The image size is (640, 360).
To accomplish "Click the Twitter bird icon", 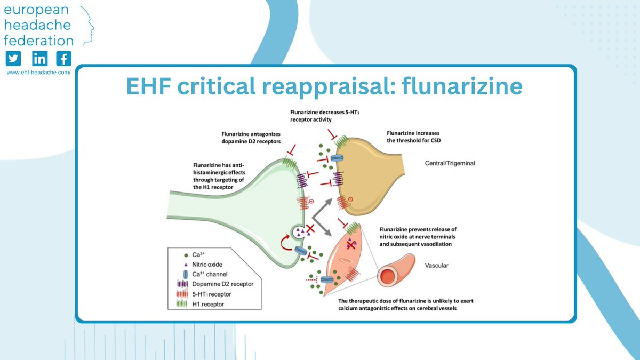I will (x=13, y=59).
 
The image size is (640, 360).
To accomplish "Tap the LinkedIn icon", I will (x=39, y=59).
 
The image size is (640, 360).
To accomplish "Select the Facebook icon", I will (x=64, y=59).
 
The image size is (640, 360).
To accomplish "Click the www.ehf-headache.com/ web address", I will (x=38, y=71).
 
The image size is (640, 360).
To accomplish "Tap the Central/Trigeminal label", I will (x=450, y=164).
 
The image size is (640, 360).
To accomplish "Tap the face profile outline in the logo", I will (x=88, y=24).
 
